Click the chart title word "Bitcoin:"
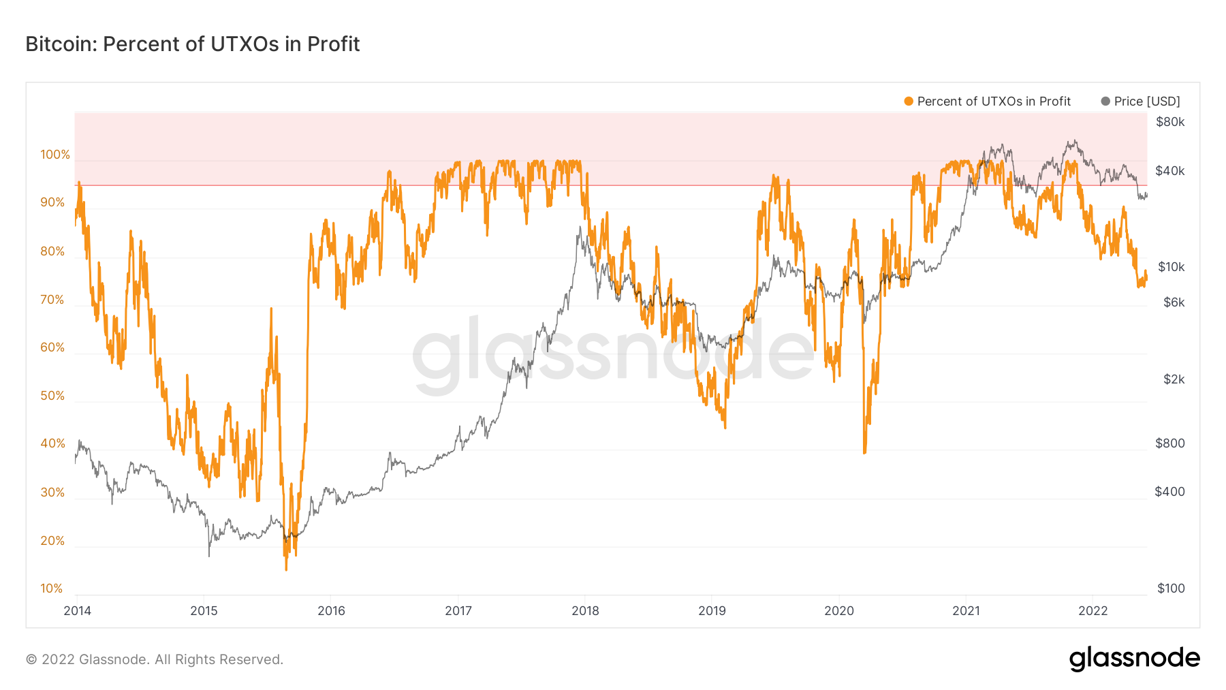61,44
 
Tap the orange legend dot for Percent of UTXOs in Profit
909,101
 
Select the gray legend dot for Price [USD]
1105,101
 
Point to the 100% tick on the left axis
55,155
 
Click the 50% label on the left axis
52,396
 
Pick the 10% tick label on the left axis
52,589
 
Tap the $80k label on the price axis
1170,122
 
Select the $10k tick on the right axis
1172,267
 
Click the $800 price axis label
1170,443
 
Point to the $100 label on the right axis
1171,589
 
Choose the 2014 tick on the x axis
77,611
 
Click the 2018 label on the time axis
585,611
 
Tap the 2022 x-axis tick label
1093,611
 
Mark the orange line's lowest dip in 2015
286,569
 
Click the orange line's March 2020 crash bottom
864,452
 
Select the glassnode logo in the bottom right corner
1134,659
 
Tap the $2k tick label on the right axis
1174,379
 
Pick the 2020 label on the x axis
839,611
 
